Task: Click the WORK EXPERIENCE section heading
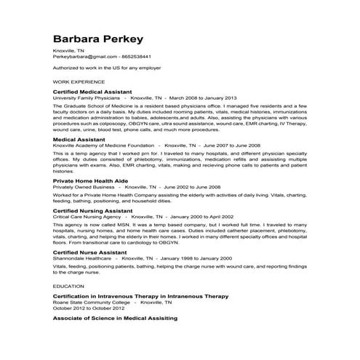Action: click(x=79, y=83)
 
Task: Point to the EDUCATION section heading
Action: click(x=68, y=287)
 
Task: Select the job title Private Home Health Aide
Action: click(x=92, y=179)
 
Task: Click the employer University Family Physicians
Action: click(x=85, y=98)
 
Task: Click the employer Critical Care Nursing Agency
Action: click(x=87, y=217)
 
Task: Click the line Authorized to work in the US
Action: click(x=106, y=68)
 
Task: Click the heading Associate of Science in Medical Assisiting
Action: click(x=115, y=319)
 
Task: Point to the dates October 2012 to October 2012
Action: click(x=89, y=308)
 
